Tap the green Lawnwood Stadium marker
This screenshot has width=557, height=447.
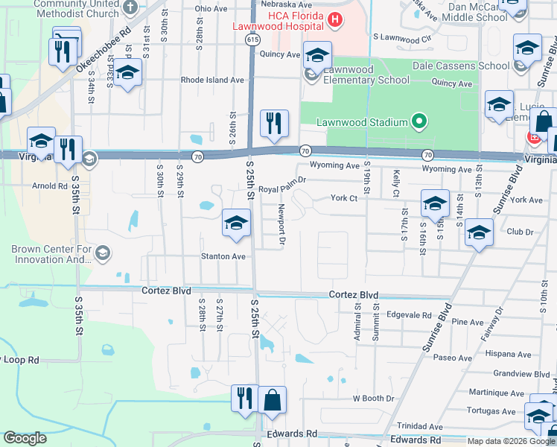[419, 122]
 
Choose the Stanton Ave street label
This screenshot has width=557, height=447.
[223, 256]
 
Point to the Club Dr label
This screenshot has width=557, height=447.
[521, 232]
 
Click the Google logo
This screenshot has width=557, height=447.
[25, 437]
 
